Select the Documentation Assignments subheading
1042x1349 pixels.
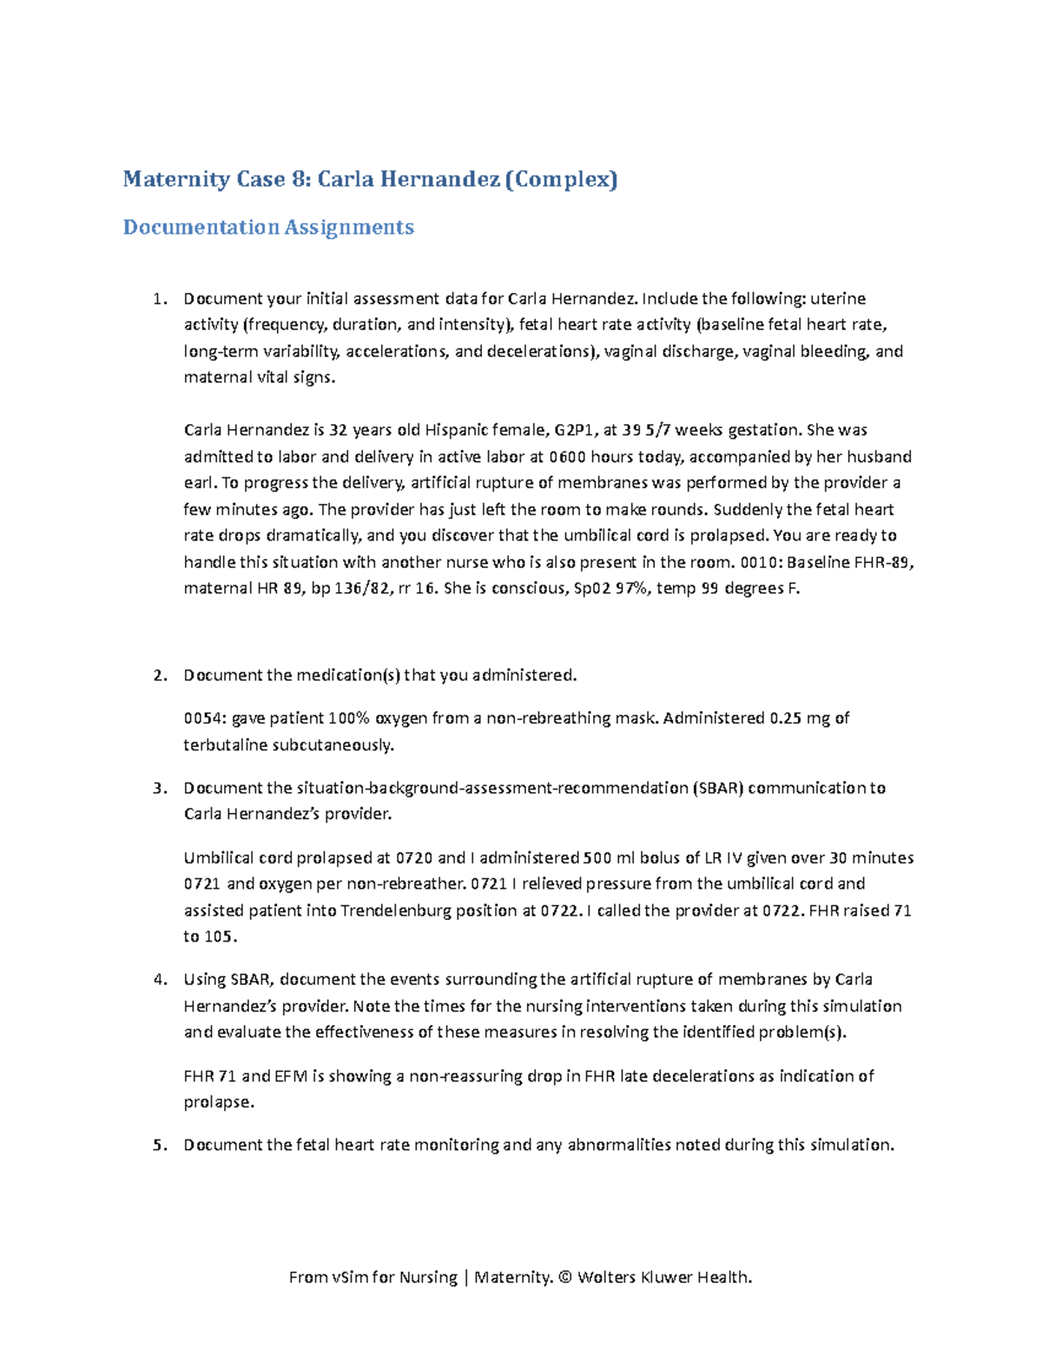[268, 228]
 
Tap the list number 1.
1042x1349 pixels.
[158, 299]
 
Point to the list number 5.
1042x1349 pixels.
[158, 1145]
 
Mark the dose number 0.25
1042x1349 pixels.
[785, 718]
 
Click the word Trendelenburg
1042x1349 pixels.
[406, 911]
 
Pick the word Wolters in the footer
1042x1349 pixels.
[606, 1277]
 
